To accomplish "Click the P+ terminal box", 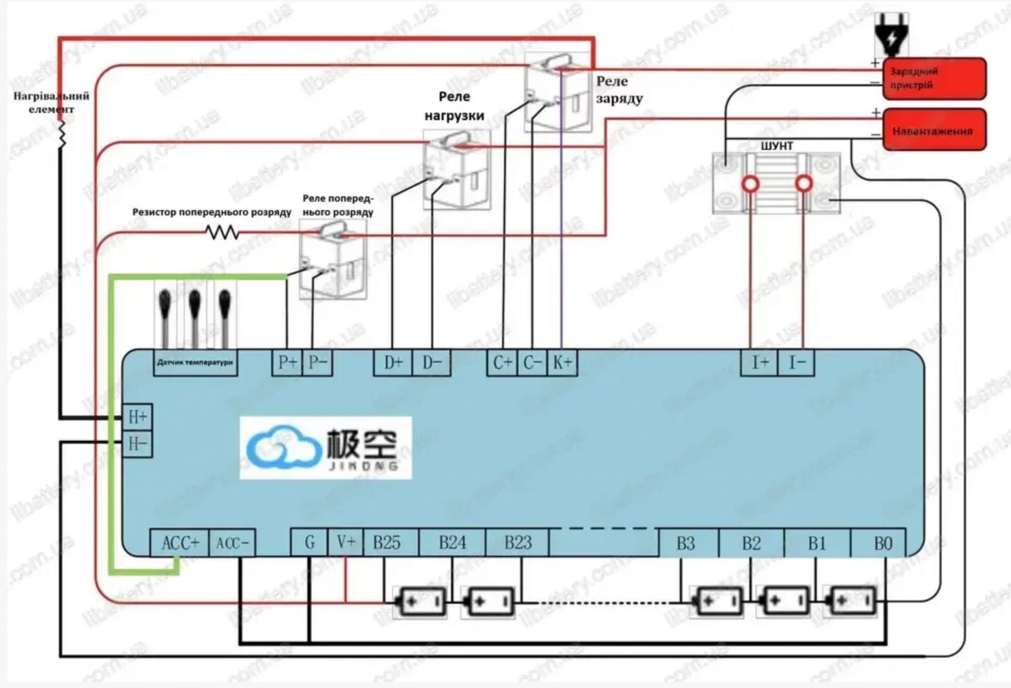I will [x=287, y=362].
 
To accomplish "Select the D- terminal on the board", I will [x=431, y=362].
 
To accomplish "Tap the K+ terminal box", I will [x=562, y=362].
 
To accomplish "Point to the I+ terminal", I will [x=759, y=362].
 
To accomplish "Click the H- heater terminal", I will [x=137, y=444].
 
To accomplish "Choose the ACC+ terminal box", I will [x=180, y=543].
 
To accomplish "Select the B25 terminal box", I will [x=387, y=543].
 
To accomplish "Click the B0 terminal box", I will [x=883, y=543].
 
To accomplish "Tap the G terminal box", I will [x=310, y=542].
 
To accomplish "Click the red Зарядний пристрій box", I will [x=934, y=78].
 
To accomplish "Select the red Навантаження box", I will [x=934, y=130].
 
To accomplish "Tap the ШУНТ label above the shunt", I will [x=777, y=146].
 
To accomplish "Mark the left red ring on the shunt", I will [x=750, y=184].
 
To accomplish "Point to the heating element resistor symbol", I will [x=62, y=134].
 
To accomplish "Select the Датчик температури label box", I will [x=195, y=362].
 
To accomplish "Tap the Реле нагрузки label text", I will [x=454, y=106].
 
